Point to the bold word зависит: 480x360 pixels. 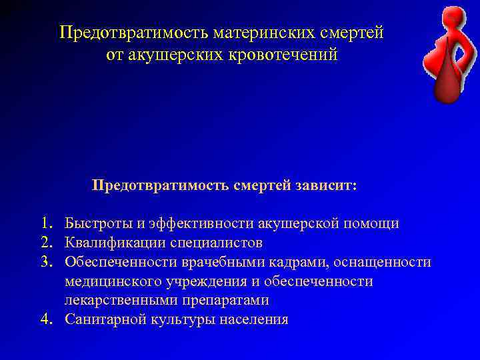coord(325,185)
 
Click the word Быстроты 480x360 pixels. coord(97,223)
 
